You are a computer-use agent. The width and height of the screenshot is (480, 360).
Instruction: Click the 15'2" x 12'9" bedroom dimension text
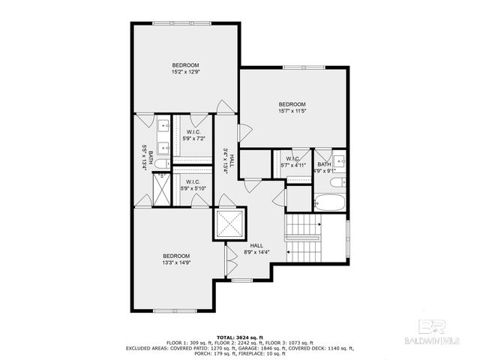(186, 73)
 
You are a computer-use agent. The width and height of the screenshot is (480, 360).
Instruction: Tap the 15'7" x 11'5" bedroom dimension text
(292, 112)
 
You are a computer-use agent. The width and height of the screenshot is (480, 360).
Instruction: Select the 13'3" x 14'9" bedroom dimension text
(177, 262)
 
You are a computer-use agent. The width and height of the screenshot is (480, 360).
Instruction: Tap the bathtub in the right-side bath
(328, 202)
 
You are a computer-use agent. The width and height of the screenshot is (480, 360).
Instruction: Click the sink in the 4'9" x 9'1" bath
(339, 160)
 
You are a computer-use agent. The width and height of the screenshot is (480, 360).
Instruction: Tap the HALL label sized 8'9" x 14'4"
(256, 249)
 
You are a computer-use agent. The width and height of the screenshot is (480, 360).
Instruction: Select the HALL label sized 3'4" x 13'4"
(229, 160)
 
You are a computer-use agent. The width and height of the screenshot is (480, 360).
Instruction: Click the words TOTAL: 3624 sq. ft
(240, 338)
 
